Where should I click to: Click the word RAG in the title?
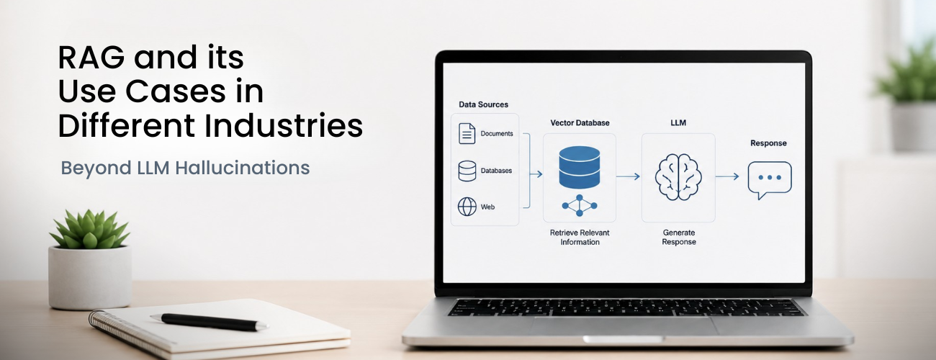(91, 57)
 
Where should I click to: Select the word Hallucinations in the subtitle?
(243, 168)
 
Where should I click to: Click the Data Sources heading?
(483, 104)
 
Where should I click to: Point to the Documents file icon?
(467, 134)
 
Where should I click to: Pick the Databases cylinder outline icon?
(467, 171)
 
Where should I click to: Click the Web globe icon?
(467, 207)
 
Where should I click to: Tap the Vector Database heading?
(580, 123)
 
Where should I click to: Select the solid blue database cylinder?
(579, 167)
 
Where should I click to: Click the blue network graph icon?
(580, 205)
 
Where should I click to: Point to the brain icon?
(678, 177)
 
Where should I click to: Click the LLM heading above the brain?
(678, 123)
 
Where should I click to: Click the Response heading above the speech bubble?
(768, 143)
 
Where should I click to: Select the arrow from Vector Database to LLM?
(628, 176)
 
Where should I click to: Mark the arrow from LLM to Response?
(727, 176)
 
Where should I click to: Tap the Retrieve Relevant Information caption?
(580, 237)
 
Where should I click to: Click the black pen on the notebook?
(209, 323)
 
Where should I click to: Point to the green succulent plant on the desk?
(90, 230)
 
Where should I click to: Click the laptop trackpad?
(624, 325)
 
